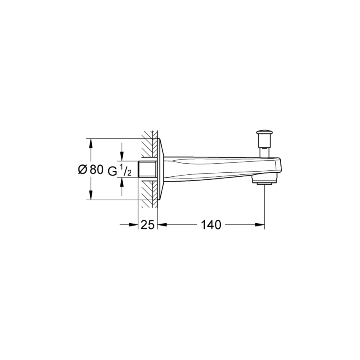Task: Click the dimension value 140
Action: pyautogui.click(x=211, y=225)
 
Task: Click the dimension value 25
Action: pyautogui.click(x=147, y=225)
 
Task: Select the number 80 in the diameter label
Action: pyautogui.click(x=96, y=170)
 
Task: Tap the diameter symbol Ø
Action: pyautogui.click(x=83, y=170)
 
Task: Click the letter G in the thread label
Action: pyautogui.click(x=112, y=171)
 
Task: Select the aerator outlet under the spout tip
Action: pyautogui.click(x=264, y=180)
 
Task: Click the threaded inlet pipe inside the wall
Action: pyautogui.click(x=148, y=169)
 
